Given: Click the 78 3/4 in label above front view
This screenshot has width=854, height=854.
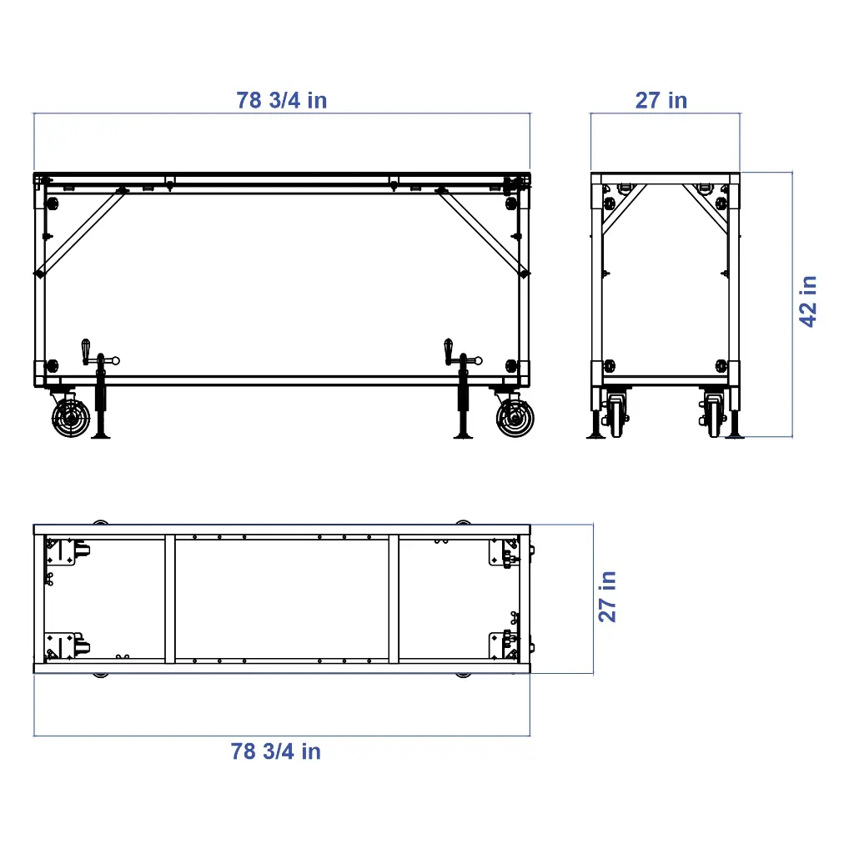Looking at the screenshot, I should tap(282, 101).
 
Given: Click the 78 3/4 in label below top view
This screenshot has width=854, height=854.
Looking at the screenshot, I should tap(276, 751).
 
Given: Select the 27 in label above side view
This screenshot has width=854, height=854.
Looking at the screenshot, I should tap(661, 101).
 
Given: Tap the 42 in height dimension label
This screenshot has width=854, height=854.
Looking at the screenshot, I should tap(808, 301).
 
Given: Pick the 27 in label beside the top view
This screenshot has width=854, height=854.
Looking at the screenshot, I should tap(608, 596).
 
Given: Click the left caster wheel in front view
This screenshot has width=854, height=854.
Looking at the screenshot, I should tap(70, 417).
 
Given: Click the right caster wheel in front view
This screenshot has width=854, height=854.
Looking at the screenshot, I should tap(515, 417).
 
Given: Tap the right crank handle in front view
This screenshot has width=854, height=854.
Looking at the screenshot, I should tap(449, 350).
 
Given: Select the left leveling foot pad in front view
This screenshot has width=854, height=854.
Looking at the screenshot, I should tap(102, 435).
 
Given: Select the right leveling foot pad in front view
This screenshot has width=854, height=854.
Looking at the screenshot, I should tap(464, 435).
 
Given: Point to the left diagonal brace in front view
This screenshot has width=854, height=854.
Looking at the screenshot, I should tap(82, 232).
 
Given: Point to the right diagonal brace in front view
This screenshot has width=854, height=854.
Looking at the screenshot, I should tap(482, 232).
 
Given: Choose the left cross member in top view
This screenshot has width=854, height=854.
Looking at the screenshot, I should tap(170, 598).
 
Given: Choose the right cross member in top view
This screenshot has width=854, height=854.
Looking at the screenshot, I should tap(394, 598).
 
